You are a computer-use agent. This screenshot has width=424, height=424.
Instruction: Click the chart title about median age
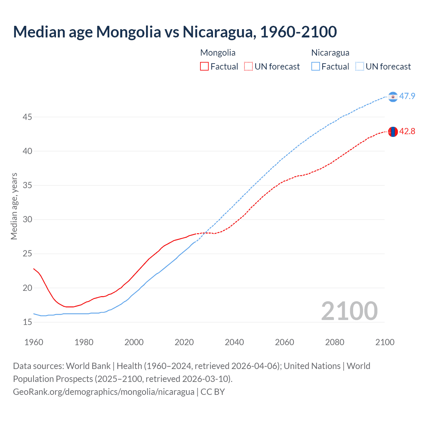coord(175,32)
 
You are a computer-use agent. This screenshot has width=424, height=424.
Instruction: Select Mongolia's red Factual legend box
coord(204,67)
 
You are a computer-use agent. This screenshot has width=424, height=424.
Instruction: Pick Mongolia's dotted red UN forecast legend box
coord(248,67)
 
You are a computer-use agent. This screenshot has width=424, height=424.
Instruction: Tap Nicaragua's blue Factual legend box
coord(316,67)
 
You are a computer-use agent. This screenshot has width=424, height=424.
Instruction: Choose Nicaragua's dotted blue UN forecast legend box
coord(360,67)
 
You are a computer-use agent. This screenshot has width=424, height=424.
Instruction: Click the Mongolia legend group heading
coord(218,53)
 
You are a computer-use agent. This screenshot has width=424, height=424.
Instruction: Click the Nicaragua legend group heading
coord(330,53)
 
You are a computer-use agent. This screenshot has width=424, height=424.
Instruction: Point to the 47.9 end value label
coord(407,96)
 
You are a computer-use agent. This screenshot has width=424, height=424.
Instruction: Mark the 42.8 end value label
coord(407,132)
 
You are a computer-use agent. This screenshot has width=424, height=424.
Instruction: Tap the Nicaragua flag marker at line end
coord(393,97)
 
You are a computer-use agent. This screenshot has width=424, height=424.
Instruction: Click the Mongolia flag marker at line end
coord(393,132)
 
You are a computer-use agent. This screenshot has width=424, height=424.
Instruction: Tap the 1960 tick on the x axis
coord(34,342)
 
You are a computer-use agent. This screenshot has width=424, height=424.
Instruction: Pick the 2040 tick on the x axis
coord(234,342)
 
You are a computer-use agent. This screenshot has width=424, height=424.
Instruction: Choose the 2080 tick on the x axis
coord(335,342)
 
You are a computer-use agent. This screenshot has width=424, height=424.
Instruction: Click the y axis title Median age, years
coord(14,206)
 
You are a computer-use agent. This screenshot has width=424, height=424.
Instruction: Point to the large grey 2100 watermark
coord(349,311)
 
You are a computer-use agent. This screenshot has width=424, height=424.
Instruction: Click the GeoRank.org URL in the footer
coord(104,392)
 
